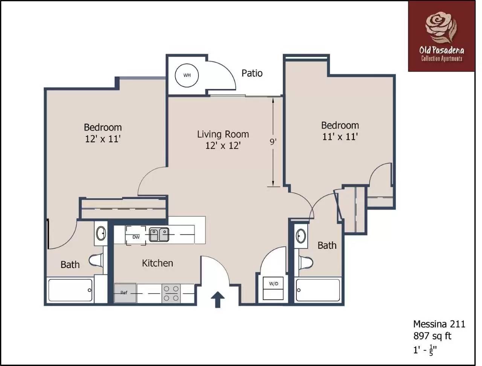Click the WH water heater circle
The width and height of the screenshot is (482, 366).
pos(187,75)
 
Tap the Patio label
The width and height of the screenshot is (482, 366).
pos(252,73)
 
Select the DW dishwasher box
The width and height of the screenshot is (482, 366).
pos(136,236)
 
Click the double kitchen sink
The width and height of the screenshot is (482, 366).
pos(159,235)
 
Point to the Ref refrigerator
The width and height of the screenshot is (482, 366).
pos(125,293)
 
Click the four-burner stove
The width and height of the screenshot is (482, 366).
pos(171,293)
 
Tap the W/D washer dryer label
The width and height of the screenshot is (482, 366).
pos(273,283)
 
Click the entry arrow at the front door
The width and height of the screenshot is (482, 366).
pos(218,299)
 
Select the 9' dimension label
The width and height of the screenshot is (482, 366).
pos(273,142)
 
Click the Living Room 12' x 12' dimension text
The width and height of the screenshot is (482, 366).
pos(223,145)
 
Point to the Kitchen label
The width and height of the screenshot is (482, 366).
pos(157,263)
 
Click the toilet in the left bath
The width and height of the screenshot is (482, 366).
pos(96,260)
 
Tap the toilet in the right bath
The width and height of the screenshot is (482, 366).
pos(306,262)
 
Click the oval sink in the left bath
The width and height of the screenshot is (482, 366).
pos(101,233)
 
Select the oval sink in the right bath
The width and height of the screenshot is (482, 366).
pos(300,236)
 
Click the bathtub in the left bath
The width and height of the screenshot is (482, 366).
pos(70,290)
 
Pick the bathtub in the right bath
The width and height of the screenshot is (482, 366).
pos(318,290)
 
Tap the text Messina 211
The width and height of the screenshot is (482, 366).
pos(439,324)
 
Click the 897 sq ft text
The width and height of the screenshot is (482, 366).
pos(432,336)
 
